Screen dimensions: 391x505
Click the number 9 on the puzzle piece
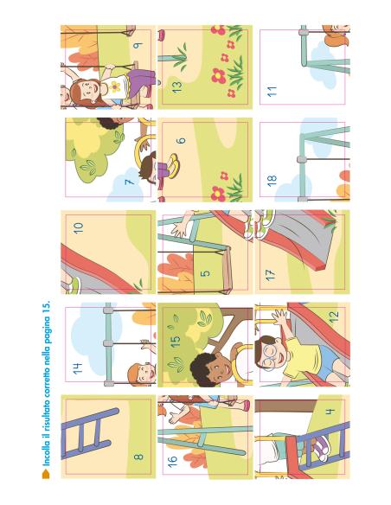pyautogui.click(x=138, y=46)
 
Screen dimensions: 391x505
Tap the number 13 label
pyautogui.click(x=176, y=86)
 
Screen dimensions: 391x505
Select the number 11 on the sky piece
pyautogui.click(x=272, y=92)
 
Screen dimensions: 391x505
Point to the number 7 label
pyautogui.click(x=129, y=182)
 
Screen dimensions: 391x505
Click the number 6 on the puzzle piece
pyautogui.click(x=182, y=141)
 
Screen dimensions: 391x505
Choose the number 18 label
pyautogui.click(x=272, y=181)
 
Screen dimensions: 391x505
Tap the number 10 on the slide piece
pyautogui.click(x=78, y=228)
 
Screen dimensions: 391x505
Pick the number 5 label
pyautogui.click(x=205, y=273)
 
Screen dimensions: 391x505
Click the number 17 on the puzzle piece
pyautogui.click(x=270, y=275)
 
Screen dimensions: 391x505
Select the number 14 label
pyautogui.click(x=77, y=368)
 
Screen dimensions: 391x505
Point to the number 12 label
pyautogui.click(x=334, y=316)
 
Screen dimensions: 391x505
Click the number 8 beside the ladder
pyautogui.click(x=138, y=457)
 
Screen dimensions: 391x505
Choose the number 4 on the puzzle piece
pyautogui.click(x=330, y=412)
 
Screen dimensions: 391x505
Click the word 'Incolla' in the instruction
pyautogui.click(x=47, y=451)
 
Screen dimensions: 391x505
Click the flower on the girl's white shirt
pyautogui.click(x=114, y=86)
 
